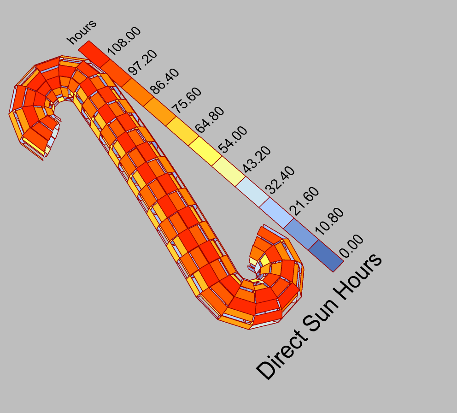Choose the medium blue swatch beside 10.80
[x=300, y=233]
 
